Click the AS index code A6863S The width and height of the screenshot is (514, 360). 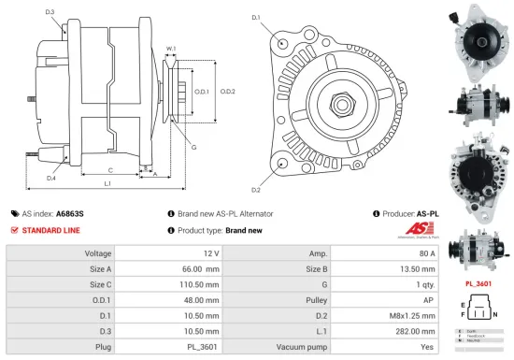[69, 213]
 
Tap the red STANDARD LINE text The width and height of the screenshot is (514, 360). [50, 230]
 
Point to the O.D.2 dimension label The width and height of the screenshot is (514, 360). [227, 91]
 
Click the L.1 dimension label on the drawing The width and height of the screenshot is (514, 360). [107, 184]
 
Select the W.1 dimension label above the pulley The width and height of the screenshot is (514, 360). [171, 49]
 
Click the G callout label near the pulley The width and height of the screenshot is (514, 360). [193, 147]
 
